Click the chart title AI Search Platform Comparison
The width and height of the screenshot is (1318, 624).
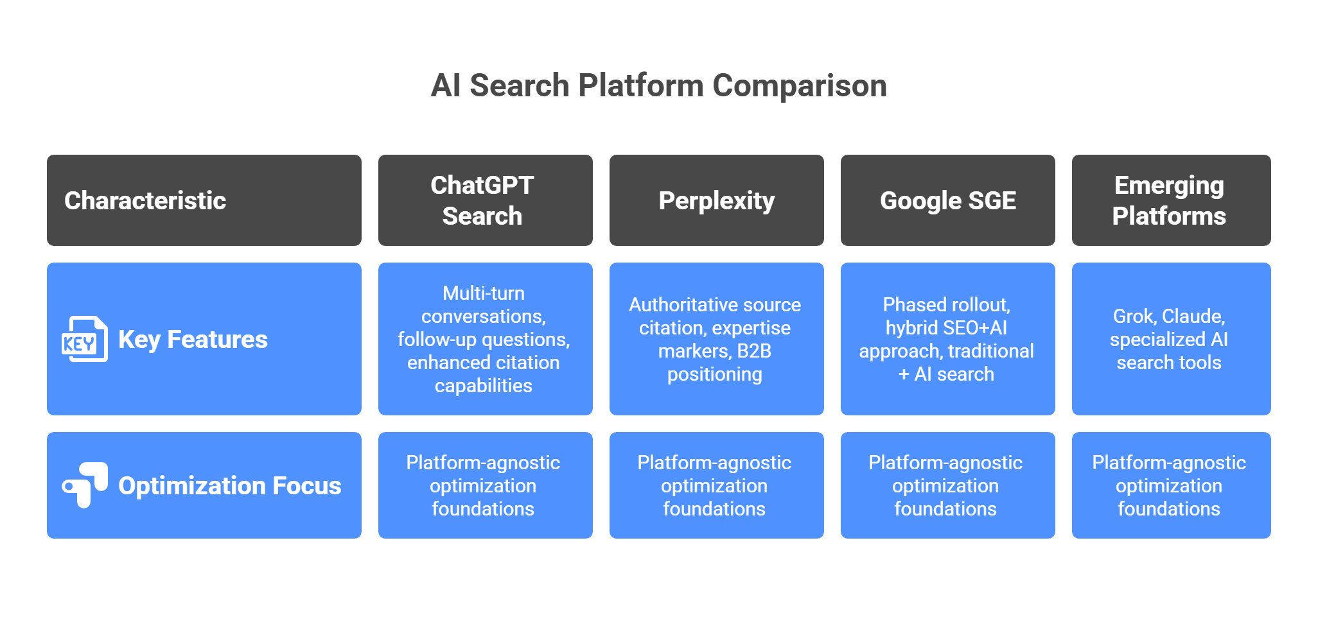tap(658, 85)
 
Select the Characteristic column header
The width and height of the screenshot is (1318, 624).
tap(145, 200)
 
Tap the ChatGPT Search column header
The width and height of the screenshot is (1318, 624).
tap(482, 200)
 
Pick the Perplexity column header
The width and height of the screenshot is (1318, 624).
tap(716, 200)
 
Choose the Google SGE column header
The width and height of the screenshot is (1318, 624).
tap(947, 200)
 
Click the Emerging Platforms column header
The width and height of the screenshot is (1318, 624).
tap(1169, 200)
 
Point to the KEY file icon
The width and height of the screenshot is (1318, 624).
tap(84, 339)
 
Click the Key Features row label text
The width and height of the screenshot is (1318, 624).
tap(193, 339)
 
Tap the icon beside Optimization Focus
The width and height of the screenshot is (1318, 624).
tap(84, 485)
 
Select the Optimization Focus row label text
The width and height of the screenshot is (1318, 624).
tap(229, 486)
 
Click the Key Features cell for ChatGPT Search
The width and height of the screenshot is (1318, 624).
tap(484, 339)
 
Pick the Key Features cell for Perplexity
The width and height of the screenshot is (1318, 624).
tap(715, 339)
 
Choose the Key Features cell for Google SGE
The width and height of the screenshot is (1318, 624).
tap(946, 339)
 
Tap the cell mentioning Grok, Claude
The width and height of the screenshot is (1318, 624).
tap(1169, 339)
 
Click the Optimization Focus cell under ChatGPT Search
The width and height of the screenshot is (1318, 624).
tap(483, 485)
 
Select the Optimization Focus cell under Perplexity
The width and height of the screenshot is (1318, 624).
tap(714, 485)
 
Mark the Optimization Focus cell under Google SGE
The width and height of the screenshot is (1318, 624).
tap(945, 485)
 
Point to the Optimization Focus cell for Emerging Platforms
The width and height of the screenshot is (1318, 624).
tap(1169, 485)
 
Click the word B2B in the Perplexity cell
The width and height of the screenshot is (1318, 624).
tap(754, 351)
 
